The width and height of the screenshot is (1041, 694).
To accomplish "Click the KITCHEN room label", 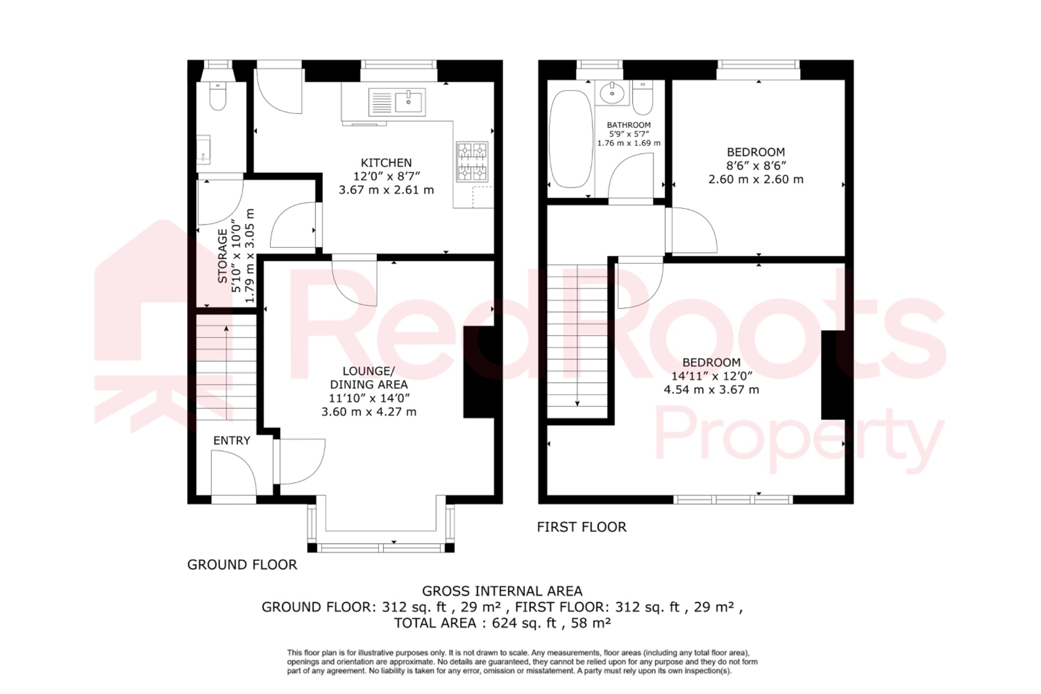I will point(386,163).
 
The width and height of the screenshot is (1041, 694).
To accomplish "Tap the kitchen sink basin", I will point(408,102).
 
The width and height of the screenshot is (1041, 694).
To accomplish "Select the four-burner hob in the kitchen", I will point(472,162).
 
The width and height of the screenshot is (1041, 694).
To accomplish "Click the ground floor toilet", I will point(218,97).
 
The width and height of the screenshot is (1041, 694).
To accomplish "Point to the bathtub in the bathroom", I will point(571,138).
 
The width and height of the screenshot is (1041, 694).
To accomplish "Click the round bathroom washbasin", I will point(612,93).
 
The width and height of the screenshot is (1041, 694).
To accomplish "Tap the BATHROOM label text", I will point(628,125).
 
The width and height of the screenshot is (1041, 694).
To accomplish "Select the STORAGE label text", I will point(223,256).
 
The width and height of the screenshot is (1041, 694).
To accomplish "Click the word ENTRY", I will point(231,441).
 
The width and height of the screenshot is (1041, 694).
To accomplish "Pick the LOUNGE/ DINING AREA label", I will point(369,378).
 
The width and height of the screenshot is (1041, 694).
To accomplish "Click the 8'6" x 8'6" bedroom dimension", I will point(756,166).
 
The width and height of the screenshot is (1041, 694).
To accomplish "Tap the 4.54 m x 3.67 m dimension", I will point(711,390).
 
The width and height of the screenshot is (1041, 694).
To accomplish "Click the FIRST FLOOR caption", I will point(581,527).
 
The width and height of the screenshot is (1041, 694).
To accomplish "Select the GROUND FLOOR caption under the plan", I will point(242,565).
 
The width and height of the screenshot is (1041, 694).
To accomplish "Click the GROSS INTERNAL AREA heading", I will point(502,591).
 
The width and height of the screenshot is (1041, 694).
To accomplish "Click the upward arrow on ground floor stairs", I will point(226,329).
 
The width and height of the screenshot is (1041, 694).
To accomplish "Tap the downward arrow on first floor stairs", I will point(577,403).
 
